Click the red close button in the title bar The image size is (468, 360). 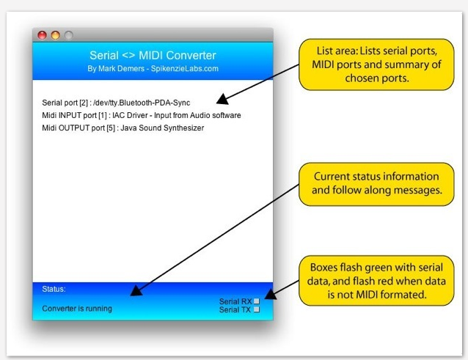[x=42, y=35]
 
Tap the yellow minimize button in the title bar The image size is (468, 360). [x=55, y=35]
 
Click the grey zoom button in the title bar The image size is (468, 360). [x=69, y=35]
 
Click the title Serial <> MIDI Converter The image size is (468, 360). [x=153, y=55]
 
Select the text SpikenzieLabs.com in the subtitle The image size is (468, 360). [x=184, y=69]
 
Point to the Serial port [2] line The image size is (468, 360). [x=116, y=103]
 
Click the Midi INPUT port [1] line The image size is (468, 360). [x=142, y=115]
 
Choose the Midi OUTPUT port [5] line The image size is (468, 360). [x=123, y=128]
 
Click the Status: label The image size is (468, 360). [x=54, y=289]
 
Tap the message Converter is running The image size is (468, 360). [x=77, y=309]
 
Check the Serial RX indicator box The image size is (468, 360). [x=257, y=301]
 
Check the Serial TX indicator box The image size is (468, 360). [x=257, y=309]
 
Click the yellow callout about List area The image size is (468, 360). [x=376, y=65]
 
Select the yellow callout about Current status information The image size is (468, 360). [x=376, y=184]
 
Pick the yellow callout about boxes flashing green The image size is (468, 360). [x=376, y=281]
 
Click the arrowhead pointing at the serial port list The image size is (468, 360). [x=222, y=99]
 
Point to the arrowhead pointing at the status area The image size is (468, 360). [x=136, y=290]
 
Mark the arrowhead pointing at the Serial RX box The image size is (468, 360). [x=271, y=294]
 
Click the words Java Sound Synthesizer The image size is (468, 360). [x=162, y=128]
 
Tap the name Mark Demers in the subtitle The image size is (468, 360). [x=122, y=69]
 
